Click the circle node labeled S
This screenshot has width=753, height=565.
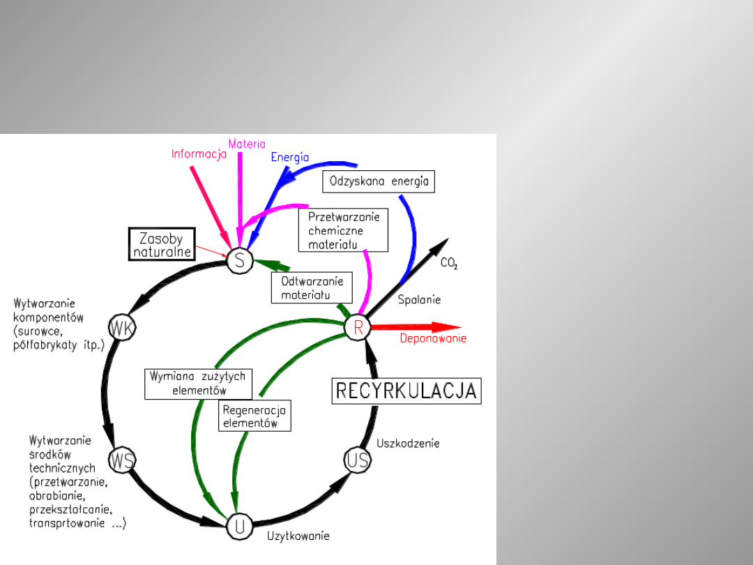click(239, 260)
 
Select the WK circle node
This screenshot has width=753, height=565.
click(122, 328)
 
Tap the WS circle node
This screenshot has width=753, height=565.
click(122, 460)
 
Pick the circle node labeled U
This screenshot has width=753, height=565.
click(239, 527)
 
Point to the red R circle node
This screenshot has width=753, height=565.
click(358, 328)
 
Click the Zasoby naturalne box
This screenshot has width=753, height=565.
click(160, 245)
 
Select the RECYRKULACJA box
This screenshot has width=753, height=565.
click(406, 391)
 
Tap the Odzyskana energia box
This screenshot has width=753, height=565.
click(379, 182)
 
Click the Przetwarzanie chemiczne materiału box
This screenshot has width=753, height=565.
click(344, 230)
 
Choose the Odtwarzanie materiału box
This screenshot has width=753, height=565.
click(312, 287)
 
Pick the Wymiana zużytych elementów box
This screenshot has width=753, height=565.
click(198, 384)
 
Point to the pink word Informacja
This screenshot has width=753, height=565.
click(199, 154)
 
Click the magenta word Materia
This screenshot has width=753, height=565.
click(247, 144)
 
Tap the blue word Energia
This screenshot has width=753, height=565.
click(289, 157)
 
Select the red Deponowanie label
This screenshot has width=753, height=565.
click(433, 339)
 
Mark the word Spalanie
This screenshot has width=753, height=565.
click(419, 299)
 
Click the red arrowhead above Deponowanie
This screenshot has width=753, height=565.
click(446, 326)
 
